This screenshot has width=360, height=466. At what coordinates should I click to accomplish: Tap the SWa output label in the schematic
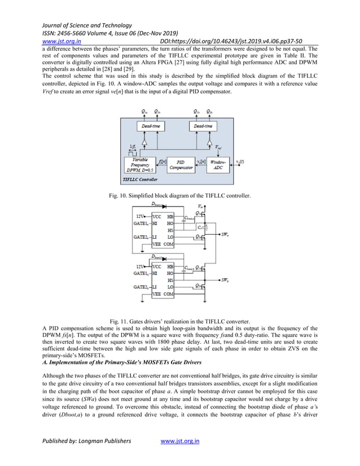225,234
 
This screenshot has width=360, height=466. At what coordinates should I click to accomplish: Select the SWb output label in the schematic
225,280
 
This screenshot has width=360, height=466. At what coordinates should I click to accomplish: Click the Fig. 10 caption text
179,196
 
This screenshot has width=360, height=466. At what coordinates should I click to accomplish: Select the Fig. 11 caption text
179,321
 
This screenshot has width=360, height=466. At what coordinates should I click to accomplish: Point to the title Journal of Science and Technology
85,25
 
